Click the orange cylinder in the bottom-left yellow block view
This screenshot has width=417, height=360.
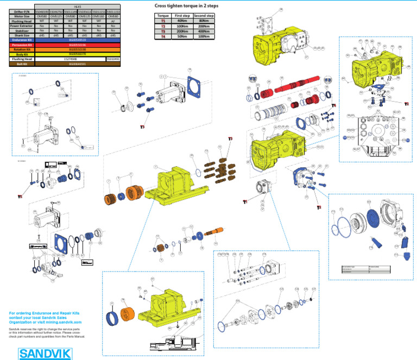click(128, 316)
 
